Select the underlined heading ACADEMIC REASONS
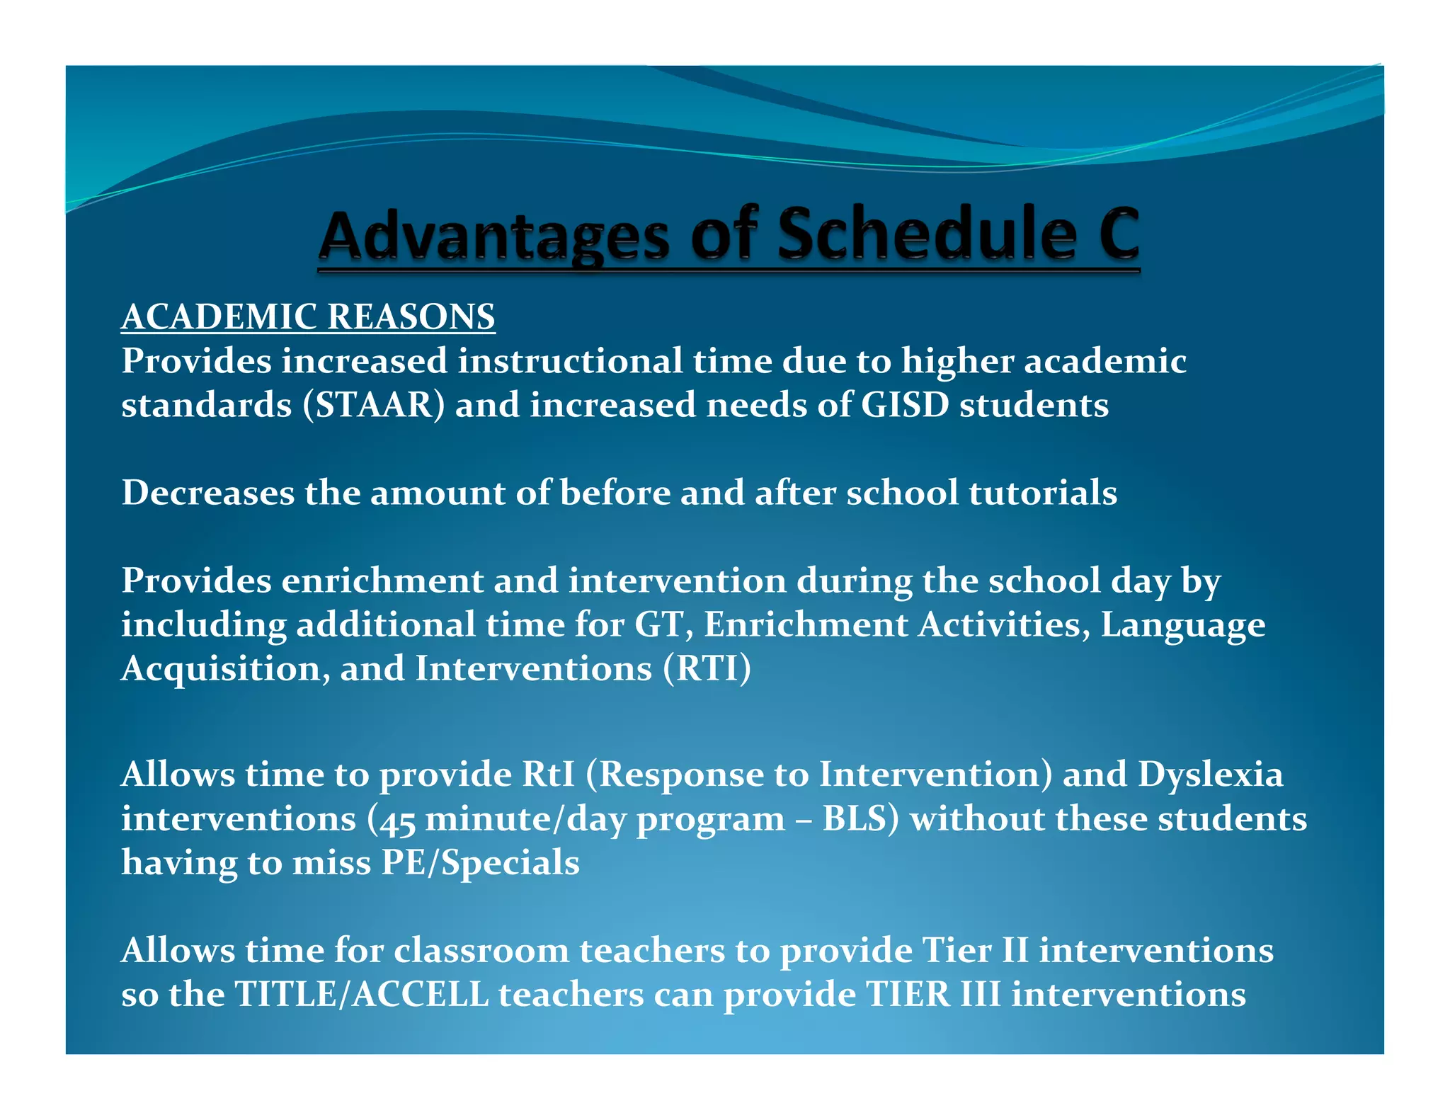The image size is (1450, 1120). point(308,316)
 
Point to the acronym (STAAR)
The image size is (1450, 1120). point(374,405)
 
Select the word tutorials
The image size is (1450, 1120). point(1043,493)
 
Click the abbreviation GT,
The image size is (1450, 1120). point(663,625)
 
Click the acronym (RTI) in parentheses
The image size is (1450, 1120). point(707,669)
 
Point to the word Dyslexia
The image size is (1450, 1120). point(1210,775)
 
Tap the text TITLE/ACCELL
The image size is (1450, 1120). point(361,995)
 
